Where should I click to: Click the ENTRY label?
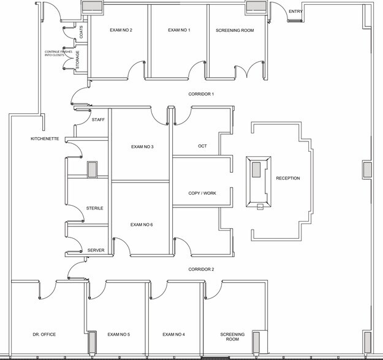click(x=295, y=11)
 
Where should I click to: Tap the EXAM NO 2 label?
click(x=121, y=30)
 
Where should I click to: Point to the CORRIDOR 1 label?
click(x=201, y=94)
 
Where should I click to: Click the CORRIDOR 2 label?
click(x=201, y=269)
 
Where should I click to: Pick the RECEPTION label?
click(x=288, y=178)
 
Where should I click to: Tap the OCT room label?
click(x=202, y=146)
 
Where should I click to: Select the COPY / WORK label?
click(x=202, y=193)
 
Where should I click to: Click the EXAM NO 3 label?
click(x=142, y=147)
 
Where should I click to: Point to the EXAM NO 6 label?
click(x=142, y=225)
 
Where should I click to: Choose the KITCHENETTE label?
click(x=45, y=140)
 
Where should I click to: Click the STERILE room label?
click(x=94, y=208)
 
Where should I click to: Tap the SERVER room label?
click(x=96, y=250)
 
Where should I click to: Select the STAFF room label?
click(x=98, y=120)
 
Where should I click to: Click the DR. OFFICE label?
click(x=45, y=335)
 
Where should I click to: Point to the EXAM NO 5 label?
click(x=119, y=335)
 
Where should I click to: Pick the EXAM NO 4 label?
click(x=174, y=335)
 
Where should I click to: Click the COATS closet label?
click(x=82, y=33)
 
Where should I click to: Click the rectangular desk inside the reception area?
click(x=257, y=182)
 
